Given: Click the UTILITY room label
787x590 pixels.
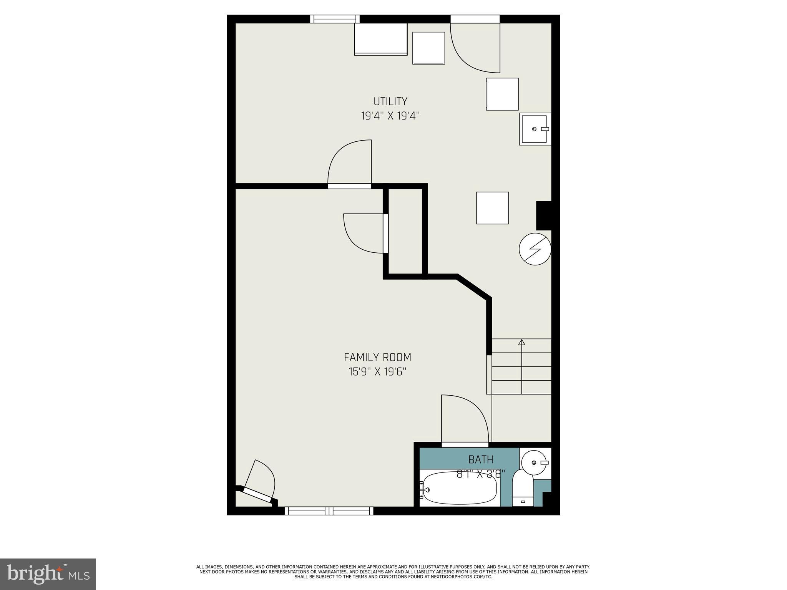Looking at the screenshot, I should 390,101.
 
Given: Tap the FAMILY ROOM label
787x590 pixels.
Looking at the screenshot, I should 377,358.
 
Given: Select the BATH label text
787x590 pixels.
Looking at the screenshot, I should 480,459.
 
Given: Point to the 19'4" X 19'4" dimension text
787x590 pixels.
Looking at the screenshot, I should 390,116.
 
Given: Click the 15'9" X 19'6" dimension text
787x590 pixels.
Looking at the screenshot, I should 377,372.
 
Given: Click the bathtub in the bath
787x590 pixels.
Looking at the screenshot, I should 459,488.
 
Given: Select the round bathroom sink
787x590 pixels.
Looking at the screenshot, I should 535,463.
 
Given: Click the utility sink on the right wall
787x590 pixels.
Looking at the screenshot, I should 535,129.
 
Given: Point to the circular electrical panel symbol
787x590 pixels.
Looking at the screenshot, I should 535,249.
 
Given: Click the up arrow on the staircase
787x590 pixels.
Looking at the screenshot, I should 521,342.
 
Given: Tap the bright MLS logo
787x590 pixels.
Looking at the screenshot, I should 48,574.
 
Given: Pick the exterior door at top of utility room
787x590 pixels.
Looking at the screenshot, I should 475,46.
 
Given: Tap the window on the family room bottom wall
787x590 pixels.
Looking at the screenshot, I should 329,511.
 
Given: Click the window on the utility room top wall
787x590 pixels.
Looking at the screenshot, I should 335,19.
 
